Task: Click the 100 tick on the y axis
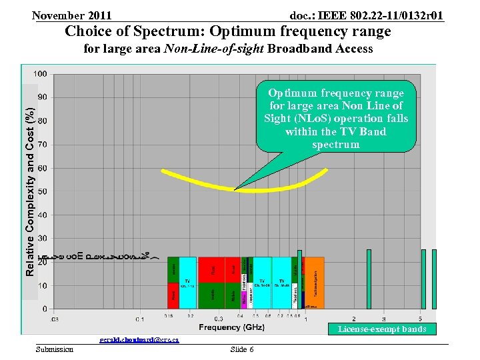(41, 74)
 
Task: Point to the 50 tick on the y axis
(42, 192)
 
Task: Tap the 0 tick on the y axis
(45, 309)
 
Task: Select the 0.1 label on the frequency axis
(140, 318)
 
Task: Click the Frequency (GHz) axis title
(231, 327)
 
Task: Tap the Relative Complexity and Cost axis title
(30, 184)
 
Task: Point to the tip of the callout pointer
(234, 189)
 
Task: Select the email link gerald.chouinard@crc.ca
(139, 340)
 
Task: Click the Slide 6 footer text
(241, 350)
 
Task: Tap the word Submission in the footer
(55, 350)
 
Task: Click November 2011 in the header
(71, 15)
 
